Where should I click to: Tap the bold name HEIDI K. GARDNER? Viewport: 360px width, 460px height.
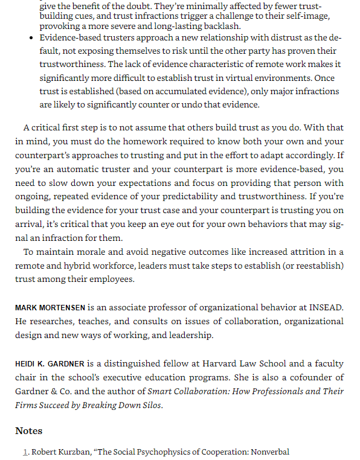[x=50, y=364]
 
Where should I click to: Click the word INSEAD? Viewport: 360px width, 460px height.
[x=326, y=308]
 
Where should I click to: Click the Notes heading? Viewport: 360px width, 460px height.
[x=28, y=431]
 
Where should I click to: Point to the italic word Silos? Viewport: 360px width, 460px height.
[x=151, y=405]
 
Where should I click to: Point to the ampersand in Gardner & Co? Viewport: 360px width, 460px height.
[x=50, y=392]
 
